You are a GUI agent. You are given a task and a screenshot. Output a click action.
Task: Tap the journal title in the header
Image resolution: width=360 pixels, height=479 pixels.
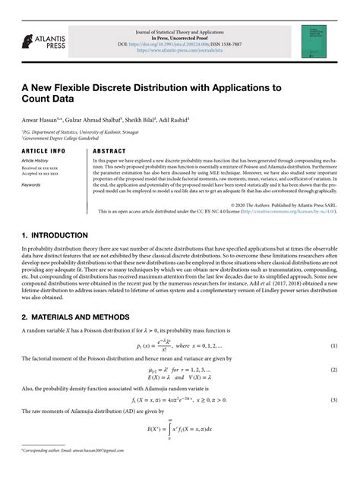click(180, 33)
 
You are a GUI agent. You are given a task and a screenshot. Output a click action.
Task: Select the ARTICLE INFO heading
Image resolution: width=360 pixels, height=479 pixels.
click(43, 151)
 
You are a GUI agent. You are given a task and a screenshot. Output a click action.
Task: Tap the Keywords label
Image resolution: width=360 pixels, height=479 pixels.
click(31, 184)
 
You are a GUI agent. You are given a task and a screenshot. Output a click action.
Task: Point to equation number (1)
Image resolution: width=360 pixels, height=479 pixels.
click(334, 346)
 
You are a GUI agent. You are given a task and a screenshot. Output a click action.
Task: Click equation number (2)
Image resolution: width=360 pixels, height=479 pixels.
click(334, 370)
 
